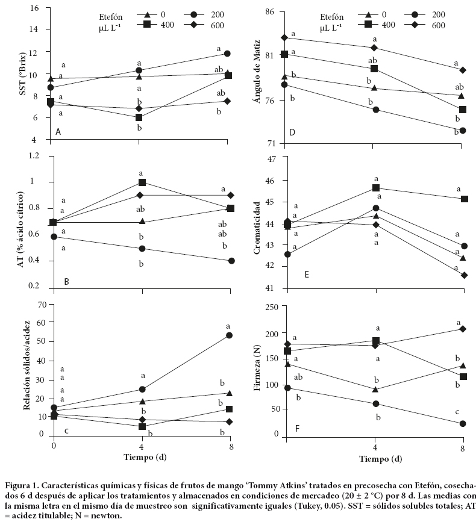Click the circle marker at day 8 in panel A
click(227, 54)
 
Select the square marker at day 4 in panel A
click(139, 117)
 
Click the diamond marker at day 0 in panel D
click(284, 37)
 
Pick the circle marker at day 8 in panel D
click(463, 131)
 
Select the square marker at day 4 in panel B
click(142, 182)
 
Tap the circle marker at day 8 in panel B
click(231, 261)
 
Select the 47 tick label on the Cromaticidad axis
click(270, 159)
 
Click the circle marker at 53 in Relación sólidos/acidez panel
click(230, 335)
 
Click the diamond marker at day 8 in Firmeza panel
click(463, 329)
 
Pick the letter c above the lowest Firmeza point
click(457, 412)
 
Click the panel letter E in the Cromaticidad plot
click(307, 275)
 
